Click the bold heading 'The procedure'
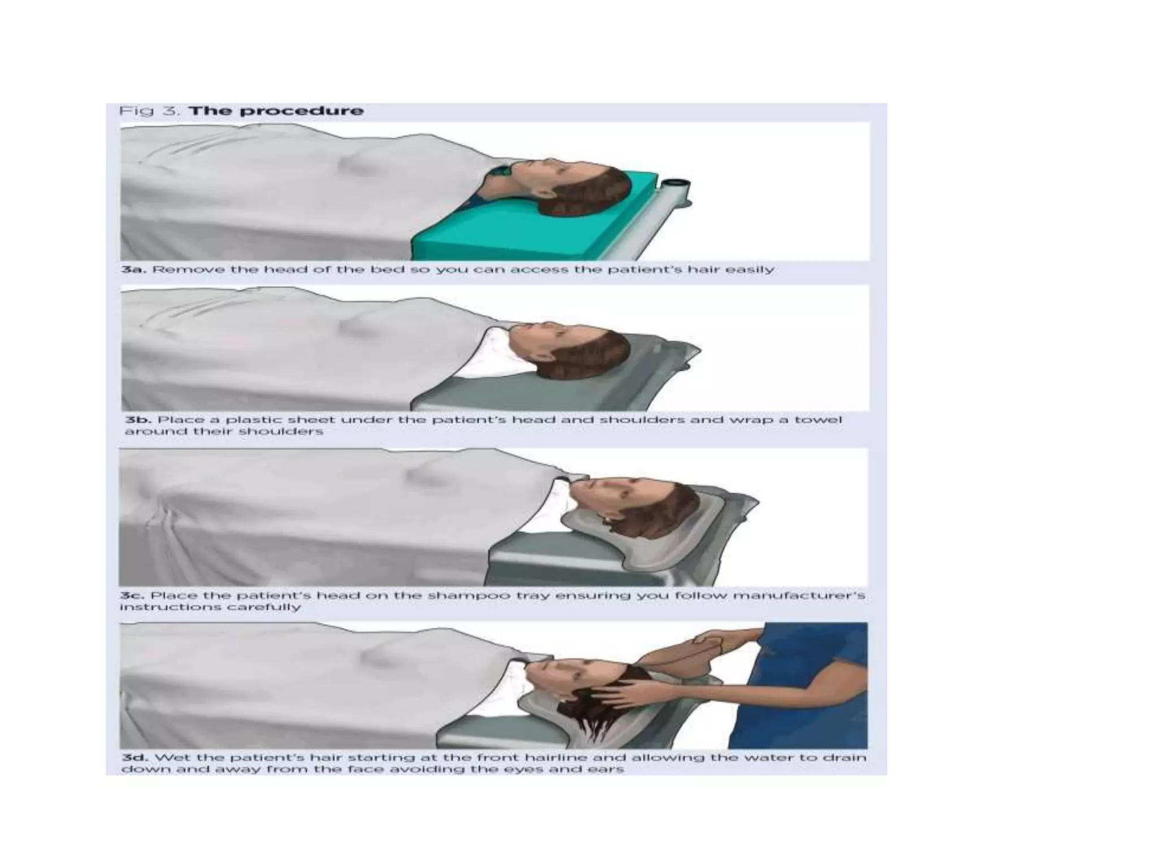pyautogui.click(x=276, y=110)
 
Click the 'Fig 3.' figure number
pyautogui.click(x=149, y=111)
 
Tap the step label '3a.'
pyautogui.click(x=133, y=270)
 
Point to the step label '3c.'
pyautogui.click(x=132, y=596)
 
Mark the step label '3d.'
pyautogui.click(x=134, y=757)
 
